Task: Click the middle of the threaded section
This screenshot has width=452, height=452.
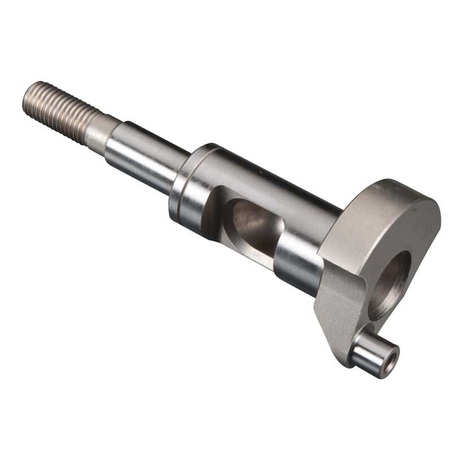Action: (x=59, y=111)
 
